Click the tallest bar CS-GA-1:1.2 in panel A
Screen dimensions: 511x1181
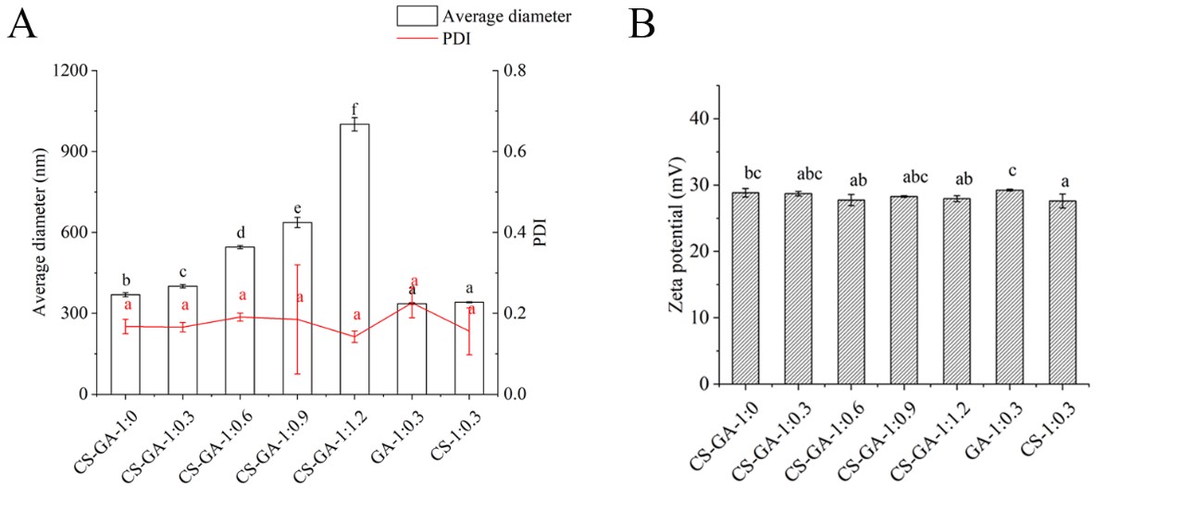click(x=354, y=259)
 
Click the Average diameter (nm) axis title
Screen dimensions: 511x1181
click(x=42, y=232)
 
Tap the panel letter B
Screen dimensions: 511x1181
click(x=641, y=24)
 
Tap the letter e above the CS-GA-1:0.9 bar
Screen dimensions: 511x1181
click(x=297, y=207)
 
